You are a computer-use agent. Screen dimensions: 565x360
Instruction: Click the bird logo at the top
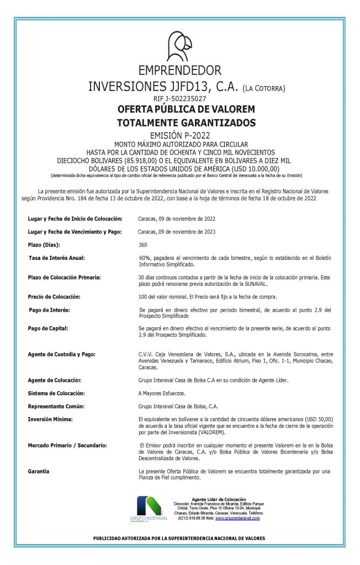tap(179, 46)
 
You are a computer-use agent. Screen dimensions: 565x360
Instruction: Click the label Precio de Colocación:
tap(54, 297)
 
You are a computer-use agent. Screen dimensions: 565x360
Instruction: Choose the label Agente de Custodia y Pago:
tap(62, 354)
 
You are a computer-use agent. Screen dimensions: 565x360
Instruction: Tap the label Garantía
tap(38, 471)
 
